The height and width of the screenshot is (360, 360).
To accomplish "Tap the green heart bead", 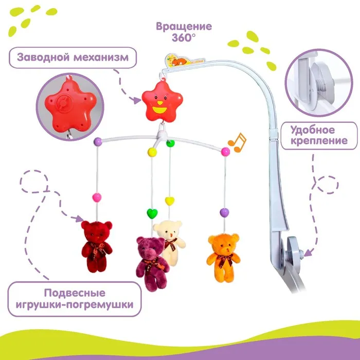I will (x=152, y=211).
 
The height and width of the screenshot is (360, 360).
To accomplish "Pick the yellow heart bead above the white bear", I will (x=169, y=199).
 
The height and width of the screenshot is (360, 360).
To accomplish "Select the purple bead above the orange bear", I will (x=224, y=211).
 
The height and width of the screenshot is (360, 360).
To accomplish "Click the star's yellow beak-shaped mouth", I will (x=159, y=109).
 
